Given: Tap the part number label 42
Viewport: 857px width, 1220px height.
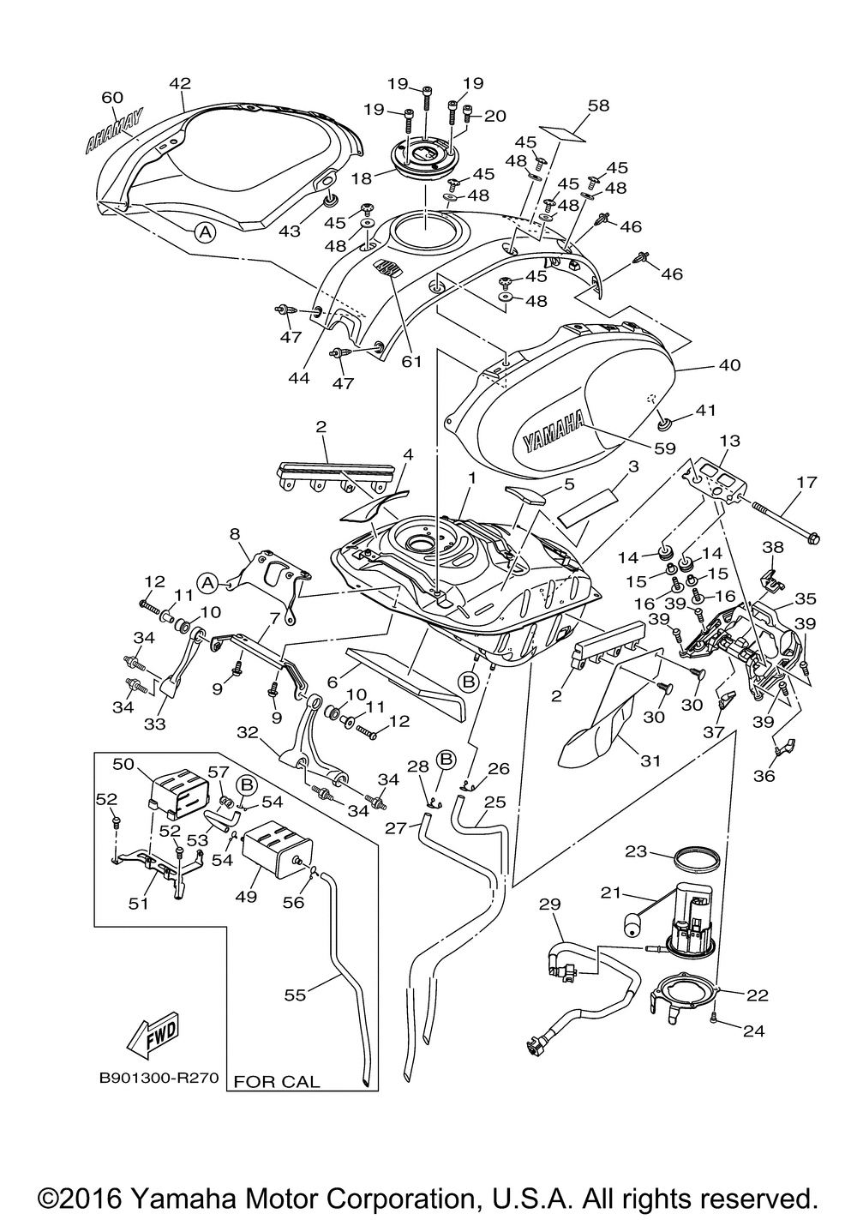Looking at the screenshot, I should (180, 84).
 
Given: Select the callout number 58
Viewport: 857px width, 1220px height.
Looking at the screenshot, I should (599, 105).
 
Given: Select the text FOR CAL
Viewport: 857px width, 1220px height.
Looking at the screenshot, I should (277, 1081).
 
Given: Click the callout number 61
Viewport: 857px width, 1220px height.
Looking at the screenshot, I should (412, 361).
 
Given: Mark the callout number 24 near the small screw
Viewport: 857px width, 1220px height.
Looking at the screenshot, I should (753, 1031).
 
